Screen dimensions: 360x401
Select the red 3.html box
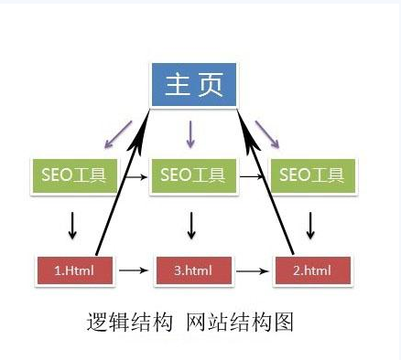(x=191, y=270)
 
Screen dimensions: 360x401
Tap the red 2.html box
(x=311, y=270)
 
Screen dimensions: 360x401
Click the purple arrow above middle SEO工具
(x=190, y=134)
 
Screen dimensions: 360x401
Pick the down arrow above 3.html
(x=191, y=224)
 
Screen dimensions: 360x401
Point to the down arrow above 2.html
(x=311, y=224)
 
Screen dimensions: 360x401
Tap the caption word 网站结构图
(x=238, y=322)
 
